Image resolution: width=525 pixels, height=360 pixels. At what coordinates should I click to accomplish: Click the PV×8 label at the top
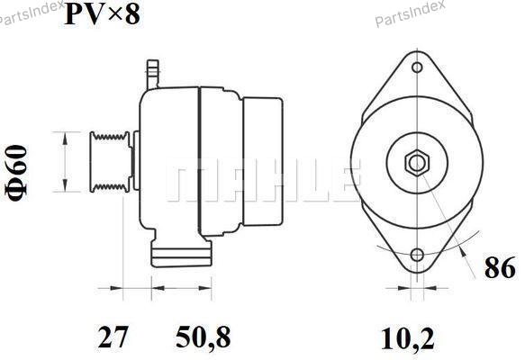click(x=102, y=14)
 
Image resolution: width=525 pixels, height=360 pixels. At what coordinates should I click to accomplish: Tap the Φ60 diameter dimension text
click(x=15, y=174)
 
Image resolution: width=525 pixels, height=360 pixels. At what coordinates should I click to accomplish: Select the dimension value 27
click(x=113, y=337)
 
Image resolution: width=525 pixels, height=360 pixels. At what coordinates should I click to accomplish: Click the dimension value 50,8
click(x=204, y=337)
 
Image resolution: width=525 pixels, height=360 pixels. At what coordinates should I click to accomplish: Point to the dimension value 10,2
click(x=407, y=339)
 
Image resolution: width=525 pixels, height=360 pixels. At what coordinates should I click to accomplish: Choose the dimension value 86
click(x=500, y=267)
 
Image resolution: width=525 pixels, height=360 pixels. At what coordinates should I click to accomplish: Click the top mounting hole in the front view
click(x=417, y=67)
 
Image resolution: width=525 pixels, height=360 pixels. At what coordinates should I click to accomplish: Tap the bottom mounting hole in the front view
click(x=417, y=256)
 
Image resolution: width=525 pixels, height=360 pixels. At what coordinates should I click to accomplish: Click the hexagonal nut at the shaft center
click(x=417, y=163)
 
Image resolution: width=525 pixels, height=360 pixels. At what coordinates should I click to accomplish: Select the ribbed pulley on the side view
click(x=110, y=162)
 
